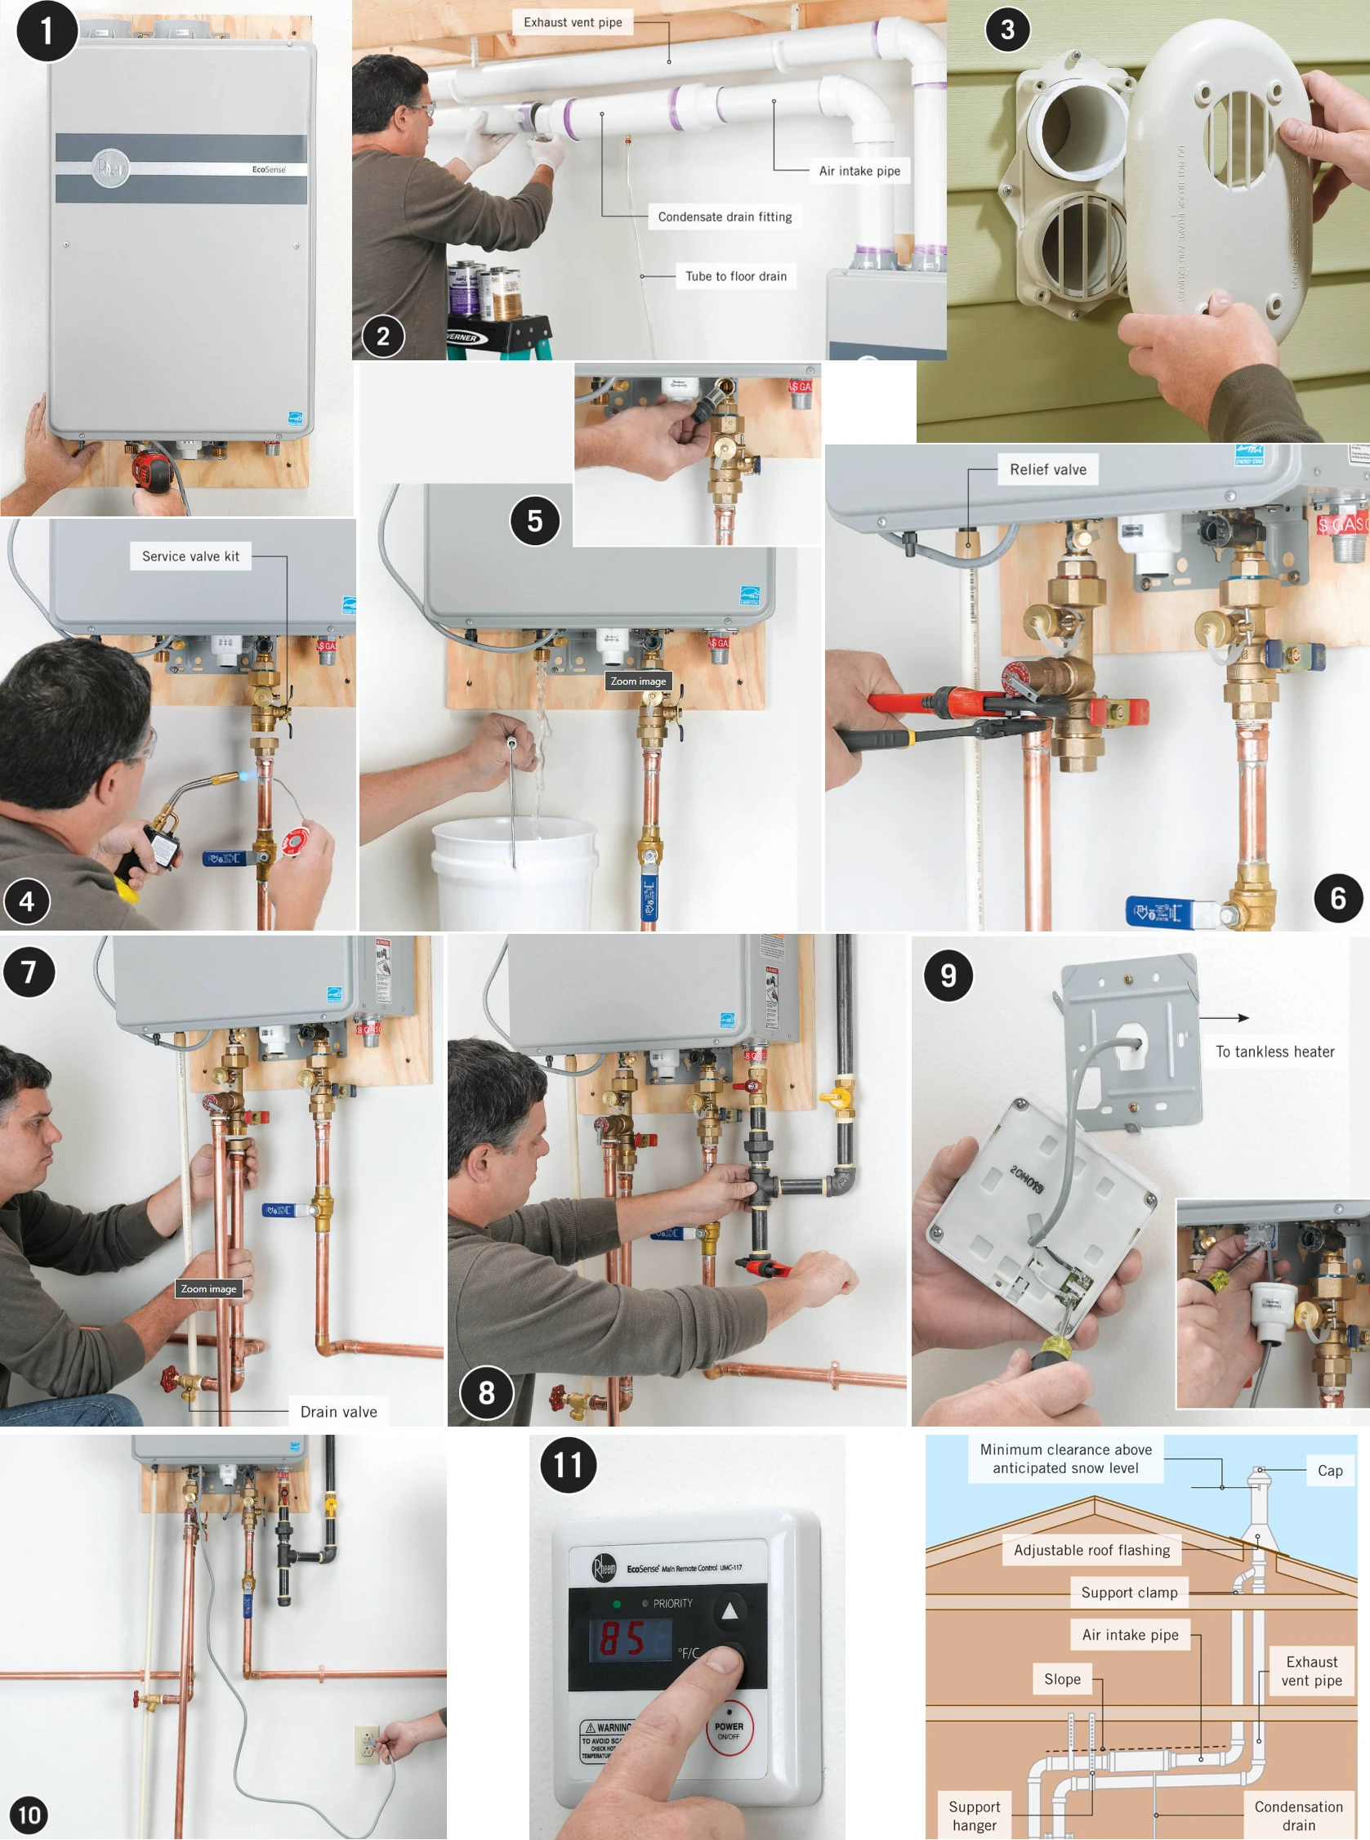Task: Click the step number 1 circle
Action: click(47, 32)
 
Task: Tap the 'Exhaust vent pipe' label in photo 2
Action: click(572, 22)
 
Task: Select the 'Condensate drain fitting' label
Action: click(724, 217)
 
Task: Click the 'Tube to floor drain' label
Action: click(734, 276)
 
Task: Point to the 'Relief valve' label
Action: click(1046, 469)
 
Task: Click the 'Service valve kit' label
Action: click(190, 556)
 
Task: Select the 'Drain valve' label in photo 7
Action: click(338, 1411)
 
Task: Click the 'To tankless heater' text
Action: click(1274, 1052)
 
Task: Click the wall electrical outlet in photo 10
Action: click(367, 1744)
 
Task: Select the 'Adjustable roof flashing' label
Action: click(1091, 1550)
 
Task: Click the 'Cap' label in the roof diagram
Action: click(1329, 1470)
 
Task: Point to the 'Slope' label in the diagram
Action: click(1061, 1678)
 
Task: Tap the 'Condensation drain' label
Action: click(1298, 1815)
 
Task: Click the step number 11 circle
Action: click(568, 1464)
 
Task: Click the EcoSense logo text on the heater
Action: click(269, 169)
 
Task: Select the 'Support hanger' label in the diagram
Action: click(974, 1815)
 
